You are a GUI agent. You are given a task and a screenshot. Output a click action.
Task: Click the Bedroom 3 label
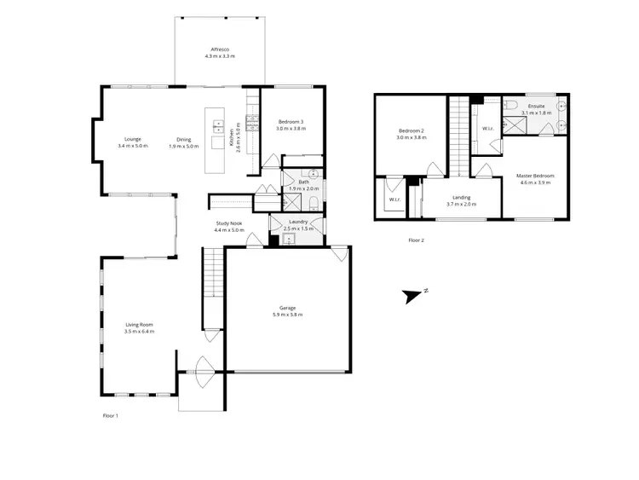point(291,122)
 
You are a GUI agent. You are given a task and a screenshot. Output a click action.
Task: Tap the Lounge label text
point(132,139)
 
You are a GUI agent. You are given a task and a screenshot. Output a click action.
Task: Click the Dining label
point(184,139)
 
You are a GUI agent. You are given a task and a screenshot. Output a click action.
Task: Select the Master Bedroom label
point(535,176)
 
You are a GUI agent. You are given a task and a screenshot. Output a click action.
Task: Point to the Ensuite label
point(536,106)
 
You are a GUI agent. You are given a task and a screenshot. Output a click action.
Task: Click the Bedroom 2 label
point(410,130)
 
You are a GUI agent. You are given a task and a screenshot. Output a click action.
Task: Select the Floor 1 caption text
point(110,415)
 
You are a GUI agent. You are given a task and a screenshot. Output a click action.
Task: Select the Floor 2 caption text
point(416,240)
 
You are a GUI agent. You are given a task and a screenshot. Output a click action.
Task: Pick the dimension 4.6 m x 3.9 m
point(535,183)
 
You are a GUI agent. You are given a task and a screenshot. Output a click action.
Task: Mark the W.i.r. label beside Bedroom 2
point(394,200)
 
